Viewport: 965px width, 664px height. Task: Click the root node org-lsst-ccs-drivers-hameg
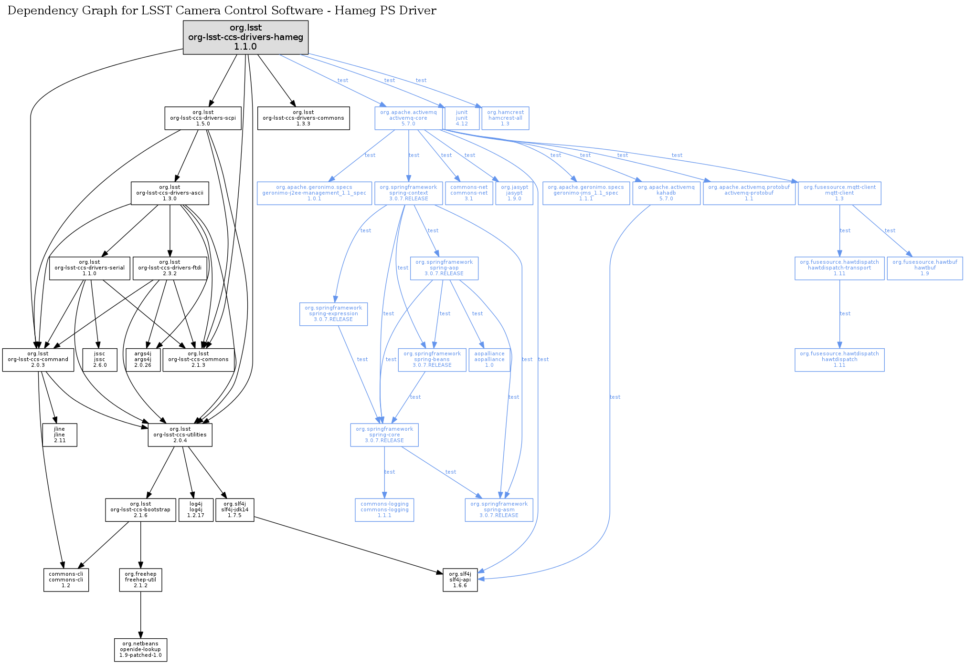pos(245,37)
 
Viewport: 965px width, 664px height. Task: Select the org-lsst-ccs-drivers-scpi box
pos(203,118)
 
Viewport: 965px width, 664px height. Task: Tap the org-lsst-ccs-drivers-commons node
pos(303,118)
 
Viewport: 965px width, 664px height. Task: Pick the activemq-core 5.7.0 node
pos(408,118)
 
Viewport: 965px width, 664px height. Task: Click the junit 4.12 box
pos(462,118)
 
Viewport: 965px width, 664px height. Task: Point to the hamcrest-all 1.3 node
pos(505,118)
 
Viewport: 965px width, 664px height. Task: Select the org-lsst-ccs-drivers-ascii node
pos(170,193)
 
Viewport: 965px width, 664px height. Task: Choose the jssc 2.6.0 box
pos(100,359)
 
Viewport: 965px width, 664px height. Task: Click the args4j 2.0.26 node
pos(143,359)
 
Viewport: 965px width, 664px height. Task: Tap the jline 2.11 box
pos(59,435)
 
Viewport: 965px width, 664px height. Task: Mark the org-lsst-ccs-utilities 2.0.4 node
pos(180,435)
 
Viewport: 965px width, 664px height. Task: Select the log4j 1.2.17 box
pos(196,509)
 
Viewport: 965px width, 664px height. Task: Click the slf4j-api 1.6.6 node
pos(460,580)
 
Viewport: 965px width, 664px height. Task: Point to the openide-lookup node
pos(140,649)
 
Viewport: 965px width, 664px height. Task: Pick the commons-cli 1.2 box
pos(66,580)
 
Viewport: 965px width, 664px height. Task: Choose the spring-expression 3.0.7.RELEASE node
pos(333,313)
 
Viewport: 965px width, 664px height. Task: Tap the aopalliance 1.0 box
pos(489,359)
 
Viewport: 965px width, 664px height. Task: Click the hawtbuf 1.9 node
pos(925,268)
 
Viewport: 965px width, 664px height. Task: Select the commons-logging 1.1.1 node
pos(384,509)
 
